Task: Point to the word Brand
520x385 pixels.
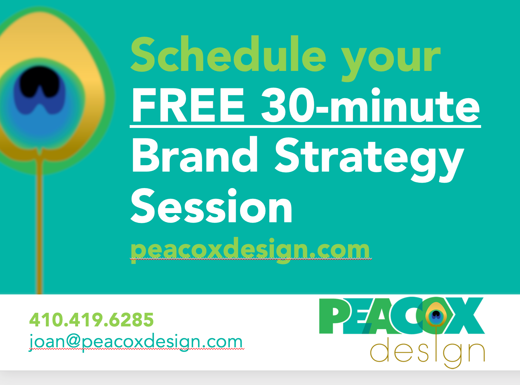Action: tap(195, 155)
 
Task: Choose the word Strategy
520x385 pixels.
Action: tap(369, 160)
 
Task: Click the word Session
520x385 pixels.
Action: tap(211, 206)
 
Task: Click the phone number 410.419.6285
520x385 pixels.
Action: tap(91, 320)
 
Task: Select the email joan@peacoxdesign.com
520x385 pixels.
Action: tap(136, 342)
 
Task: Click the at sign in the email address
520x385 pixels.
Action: tap(74, 341)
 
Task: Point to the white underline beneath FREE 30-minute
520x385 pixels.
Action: tap(305, 127)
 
